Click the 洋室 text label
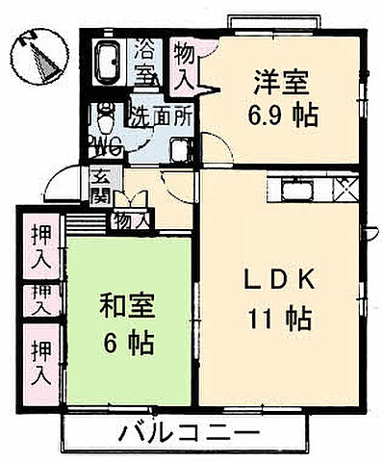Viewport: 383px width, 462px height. (281, 81)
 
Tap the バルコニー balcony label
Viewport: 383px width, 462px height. (190, 433)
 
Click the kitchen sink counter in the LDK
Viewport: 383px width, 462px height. (299, 190)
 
